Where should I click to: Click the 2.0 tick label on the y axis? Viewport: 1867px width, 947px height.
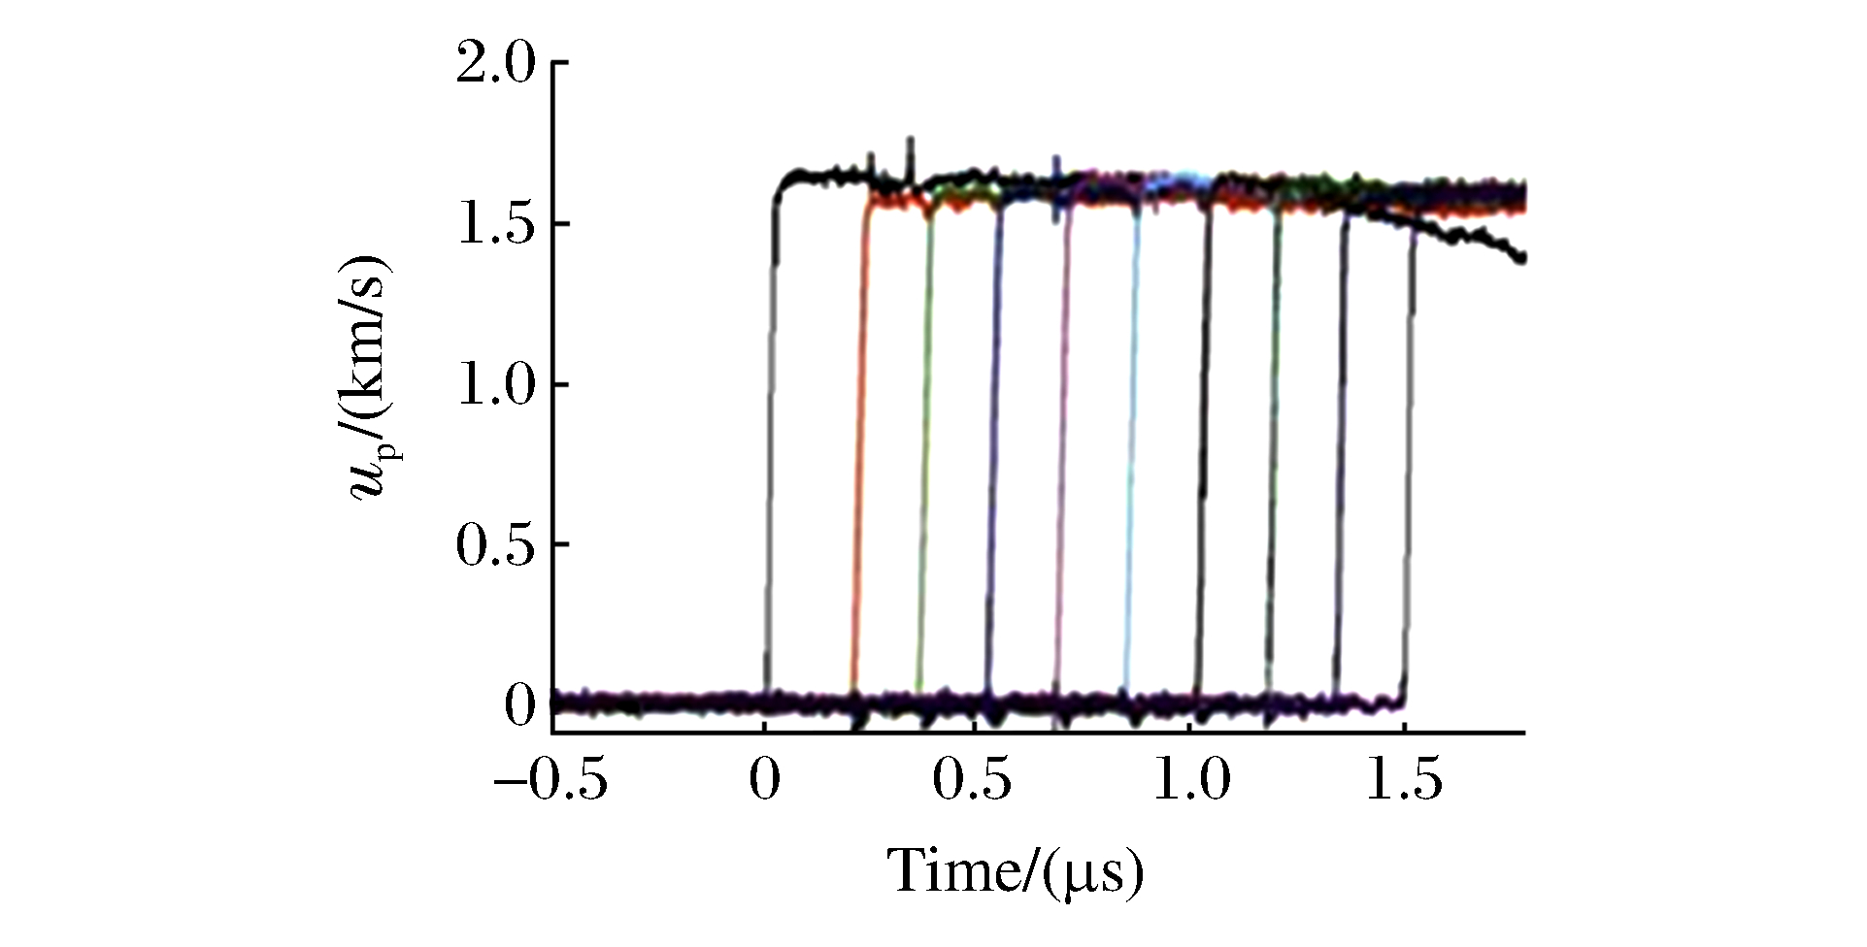[495, 64]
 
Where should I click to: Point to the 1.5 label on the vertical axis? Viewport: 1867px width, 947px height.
[495, 224]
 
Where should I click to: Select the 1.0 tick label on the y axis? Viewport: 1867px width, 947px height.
[495, 385]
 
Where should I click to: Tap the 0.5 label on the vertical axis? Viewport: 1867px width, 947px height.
[495, 545]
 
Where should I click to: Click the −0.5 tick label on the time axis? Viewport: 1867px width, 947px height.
[550, 782]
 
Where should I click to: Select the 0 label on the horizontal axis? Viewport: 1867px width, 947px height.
[765, 782]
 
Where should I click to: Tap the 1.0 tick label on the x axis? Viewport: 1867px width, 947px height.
[1192, 782]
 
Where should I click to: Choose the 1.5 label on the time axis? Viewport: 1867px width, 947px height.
[1405, 782]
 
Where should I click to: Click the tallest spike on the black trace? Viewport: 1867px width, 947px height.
[910, 146]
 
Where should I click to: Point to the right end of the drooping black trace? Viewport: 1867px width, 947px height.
[1521, 257]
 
